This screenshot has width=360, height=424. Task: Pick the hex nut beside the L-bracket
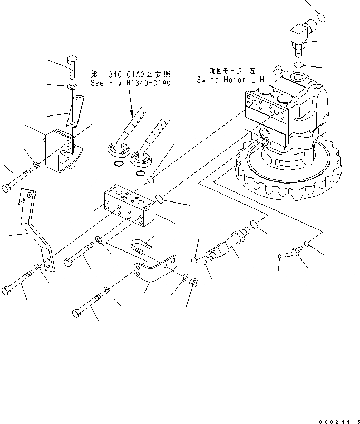coord(193,283)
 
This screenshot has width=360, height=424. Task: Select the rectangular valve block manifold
coord(130,206)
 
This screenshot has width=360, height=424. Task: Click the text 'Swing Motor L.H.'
coord(232,80)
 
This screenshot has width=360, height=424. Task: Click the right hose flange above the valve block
coord(141,157)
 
